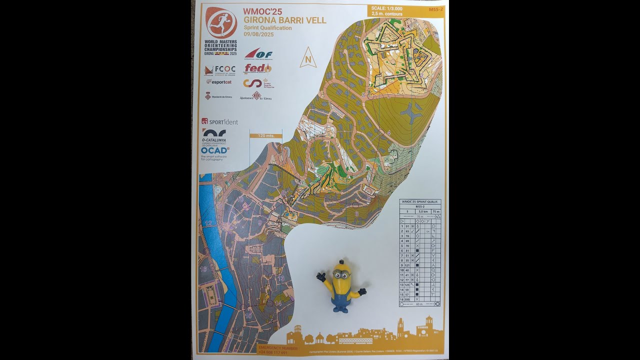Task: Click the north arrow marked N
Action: (308, 59)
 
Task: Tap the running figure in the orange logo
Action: (221, 22)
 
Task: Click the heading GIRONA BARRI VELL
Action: (284, 20)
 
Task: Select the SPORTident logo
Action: (219, 121)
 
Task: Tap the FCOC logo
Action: (220, 69)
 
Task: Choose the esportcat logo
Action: (219, 81)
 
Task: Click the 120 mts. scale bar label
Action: (265, 135)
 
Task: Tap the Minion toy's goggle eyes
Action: (341, 274)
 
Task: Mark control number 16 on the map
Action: (203, 269)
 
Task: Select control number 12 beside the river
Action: (208, 223)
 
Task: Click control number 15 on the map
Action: (248, 315)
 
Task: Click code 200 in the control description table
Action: (407, 299)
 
